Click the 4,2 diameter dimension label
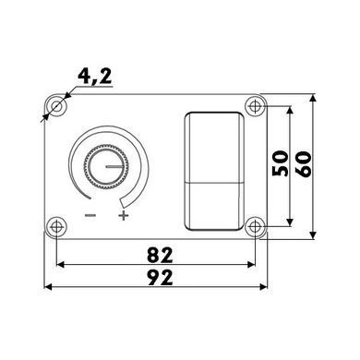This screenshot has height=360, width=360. click(95, 76)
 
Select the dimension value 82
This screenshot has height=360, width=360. click(160, 255)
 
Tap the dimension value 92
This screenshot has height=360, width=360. click(160, 278)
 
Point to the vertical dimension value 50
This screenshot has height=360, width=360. click(281, 163)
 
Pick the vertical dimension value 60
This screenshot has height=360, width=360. click(304, 163)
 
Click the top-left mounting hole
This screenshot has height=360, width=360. click(56, 107)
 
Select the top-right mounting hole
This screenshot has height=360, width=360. click(255, 106)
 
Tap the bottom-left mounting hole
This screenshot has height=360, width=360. click(56, 227)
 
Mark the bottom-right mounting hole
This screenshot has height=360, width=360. click(255, 227)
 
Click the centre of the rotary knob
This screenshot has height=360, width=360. click(106, 166)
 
